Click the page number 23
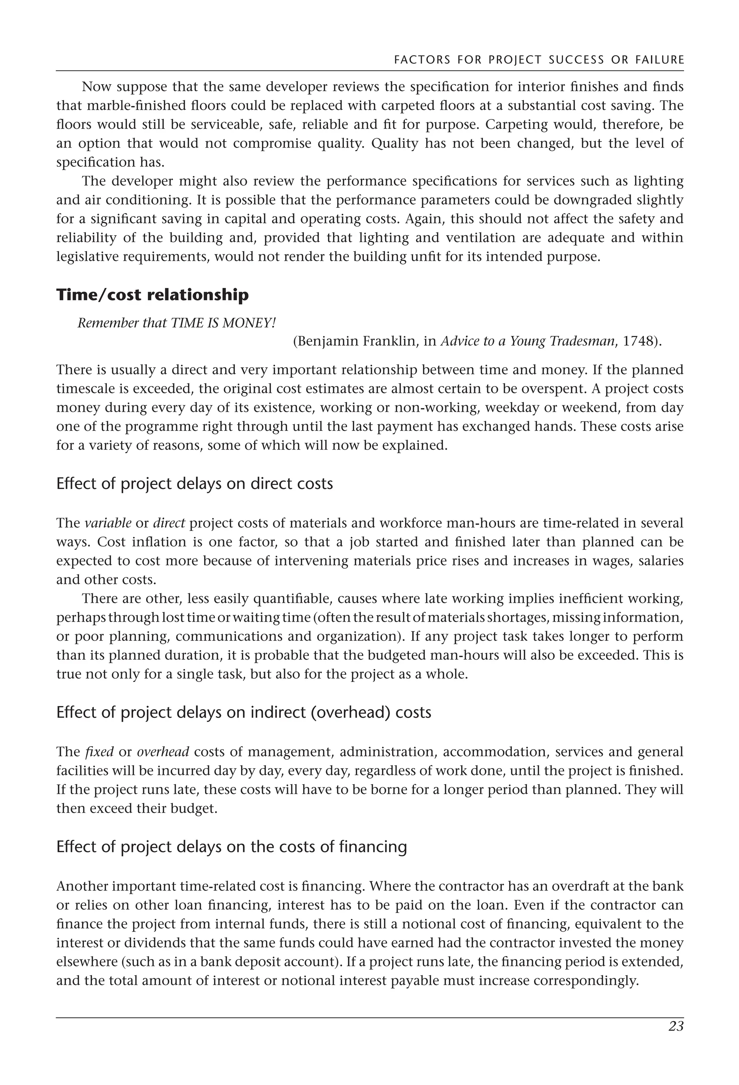(x=675, y=1027)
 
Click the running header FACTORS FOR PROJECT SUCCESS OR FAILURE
(x=539, y=60)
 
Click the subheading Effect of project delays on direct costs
(x=194, y=484)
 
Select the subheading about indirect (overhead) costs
(x=243, y=712)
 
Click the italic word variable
(x=108, y=523)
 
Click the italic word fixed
(x=100, y=752)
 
